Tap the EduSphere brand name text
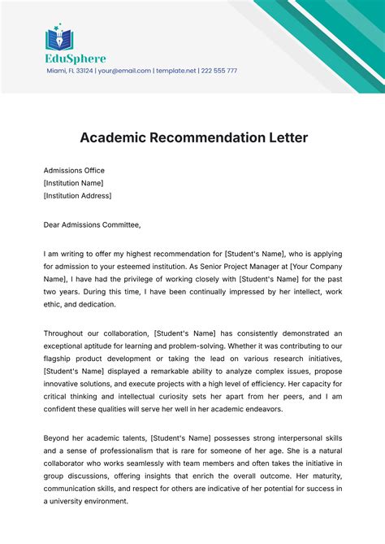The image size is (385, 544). coord(75,59)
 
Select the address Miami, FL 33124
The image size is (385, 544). coord(68,71)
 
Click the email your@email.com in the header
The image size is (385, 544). coord(123,71)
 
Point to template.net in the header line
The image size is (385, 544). coord(176,71)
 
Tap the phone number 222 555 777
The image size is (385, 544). coord(219,71)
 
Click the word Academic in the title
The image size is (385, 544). coord(113,137)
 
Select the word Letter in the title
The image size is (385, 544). coord(285,137)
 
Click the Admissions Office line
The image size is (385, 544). coord(74,171)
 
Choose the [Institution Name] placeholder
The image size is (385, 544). coord(74,183)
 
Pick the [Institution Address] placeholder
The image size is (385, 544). coord(78,195)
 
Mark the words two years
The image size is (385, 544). coord(62,292)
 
